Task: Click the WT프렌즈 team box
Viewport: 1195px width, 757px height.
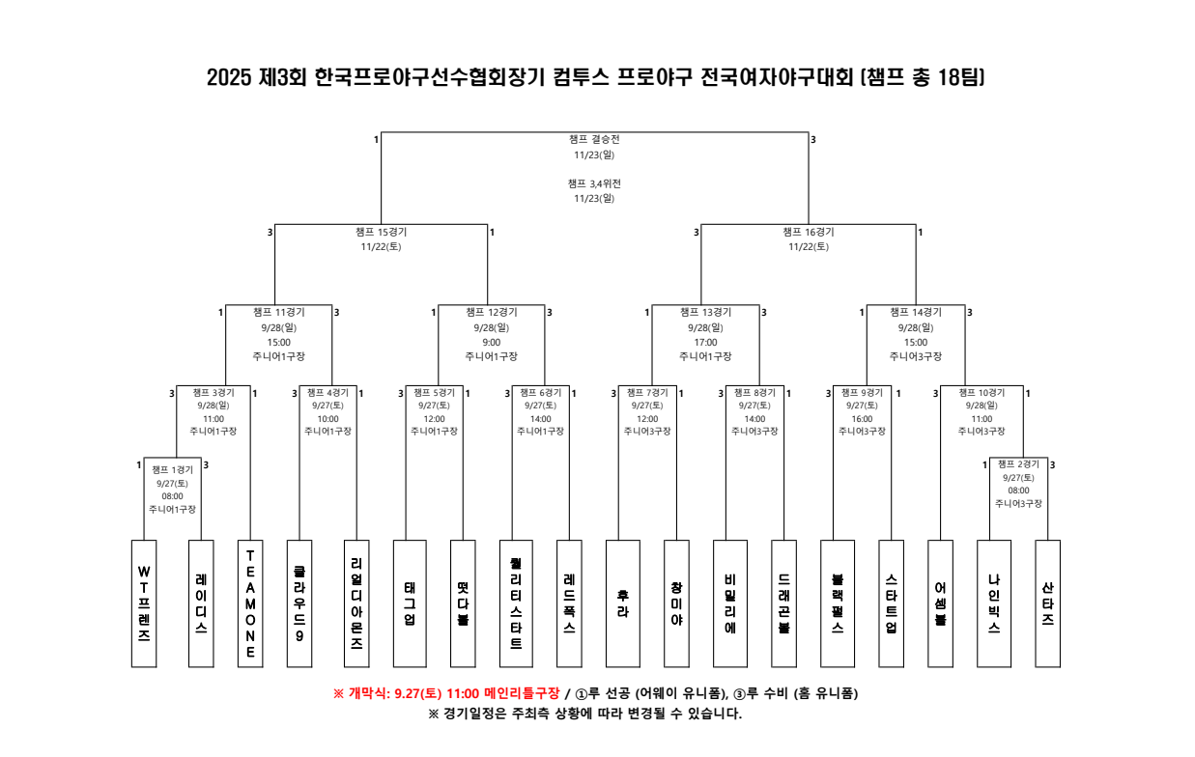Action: click(144, 603)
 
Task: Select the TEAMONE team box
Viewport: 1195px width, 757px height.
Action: click(250, 603)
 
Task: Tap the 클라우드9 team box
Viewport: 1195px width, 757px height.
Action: click(299, 603)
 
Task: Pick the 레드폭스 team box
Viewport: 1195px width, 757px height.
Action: click(569, 603)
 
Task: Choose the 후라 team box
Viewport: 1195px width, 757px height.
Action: click(622, 603)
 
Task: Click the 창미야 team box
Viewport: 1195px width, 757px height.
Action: click(676, 603)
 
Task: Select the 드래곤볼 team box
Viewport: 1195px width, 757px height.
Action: click(783, 603)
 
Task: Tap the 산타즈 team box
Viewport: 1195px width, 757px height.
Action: click(1047, 603)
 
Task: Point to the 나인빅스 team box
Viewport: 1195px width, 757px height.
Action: click(994, 603)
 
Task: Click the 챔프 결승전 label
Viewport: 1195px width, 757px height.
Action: click(594, 139)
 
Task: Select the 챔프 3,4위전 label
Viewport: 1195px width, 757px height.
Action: click(594, 182)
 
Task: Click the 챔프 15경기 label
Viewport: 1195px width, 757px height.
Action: click(381, 232)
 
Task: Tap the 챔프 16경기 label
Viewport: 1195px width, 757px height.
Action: click(809, 232)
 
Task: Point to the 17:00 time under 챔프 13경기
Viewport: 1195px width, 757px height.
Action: click(705, 342)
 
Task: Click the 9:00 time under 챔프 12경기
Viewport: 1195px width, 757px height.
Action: click(491, 342)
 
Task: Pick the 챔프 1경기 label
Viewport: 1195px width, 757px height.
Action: click(172, 469)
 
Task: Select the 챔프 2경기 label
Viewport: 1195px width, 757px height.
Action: click(1018, 464)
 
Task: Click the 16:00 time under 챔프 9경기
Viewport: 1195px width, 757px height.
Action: click(861, 419)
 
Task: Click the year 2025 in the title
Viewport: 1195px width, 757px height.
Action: click(229, 78)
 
